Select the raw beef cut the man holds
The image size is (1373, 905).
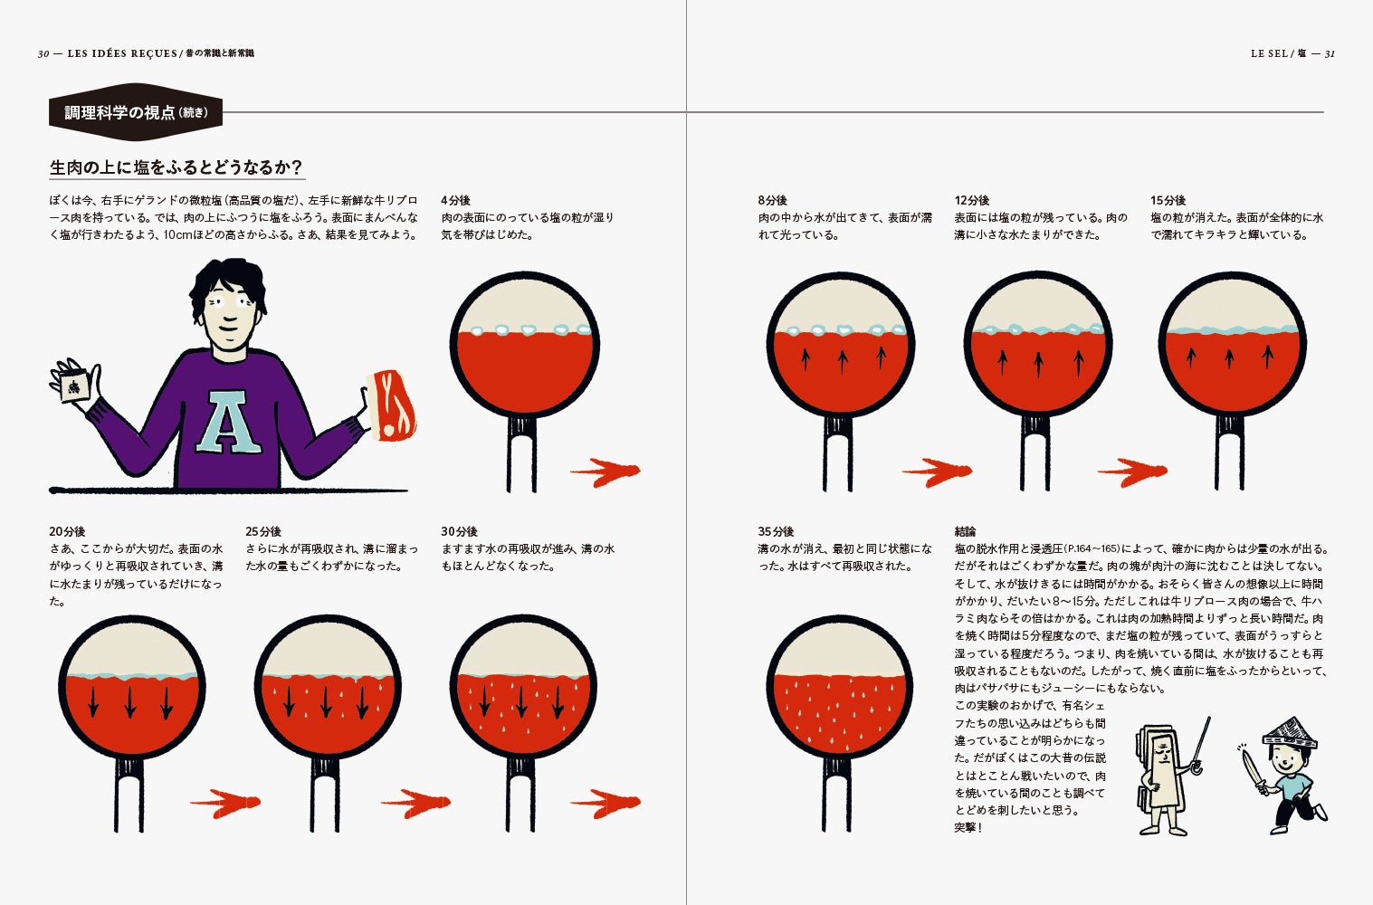[x=392, y=405]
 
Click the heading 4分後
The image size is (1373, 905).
[x=455, y=200]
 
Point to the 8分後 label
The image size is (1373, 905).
[x=772, y=200]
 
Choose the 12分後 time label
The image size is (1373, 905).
[x=971, y=200]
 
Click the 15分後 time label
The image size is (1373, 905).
[x=1168, y=200]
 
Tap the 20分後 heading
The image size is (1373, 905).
[x=67, y=531]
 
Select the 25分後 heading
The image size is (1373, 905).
[x=263, y=531]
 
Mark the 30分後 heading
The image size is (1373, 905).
[x=459, y=531]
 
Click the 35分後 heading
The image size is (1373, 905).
[x=776, y=531]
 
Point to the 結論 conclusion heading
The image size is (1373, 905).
[x=966, y=531]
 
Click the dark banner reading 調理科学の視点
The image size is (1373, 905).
[x=136, y=113]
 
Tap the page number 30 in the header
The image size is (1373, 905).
[x=43, y=54]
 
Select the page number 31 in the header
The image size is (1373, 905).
[x=1330, y=54]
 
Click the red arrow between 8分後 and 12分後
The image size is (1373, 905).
[x=937, y=472]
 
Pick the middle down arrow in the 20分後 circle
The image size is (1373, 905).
[x=130, y=702]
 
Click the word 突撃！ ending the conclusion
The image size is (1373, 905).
[x=968, y=828]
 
